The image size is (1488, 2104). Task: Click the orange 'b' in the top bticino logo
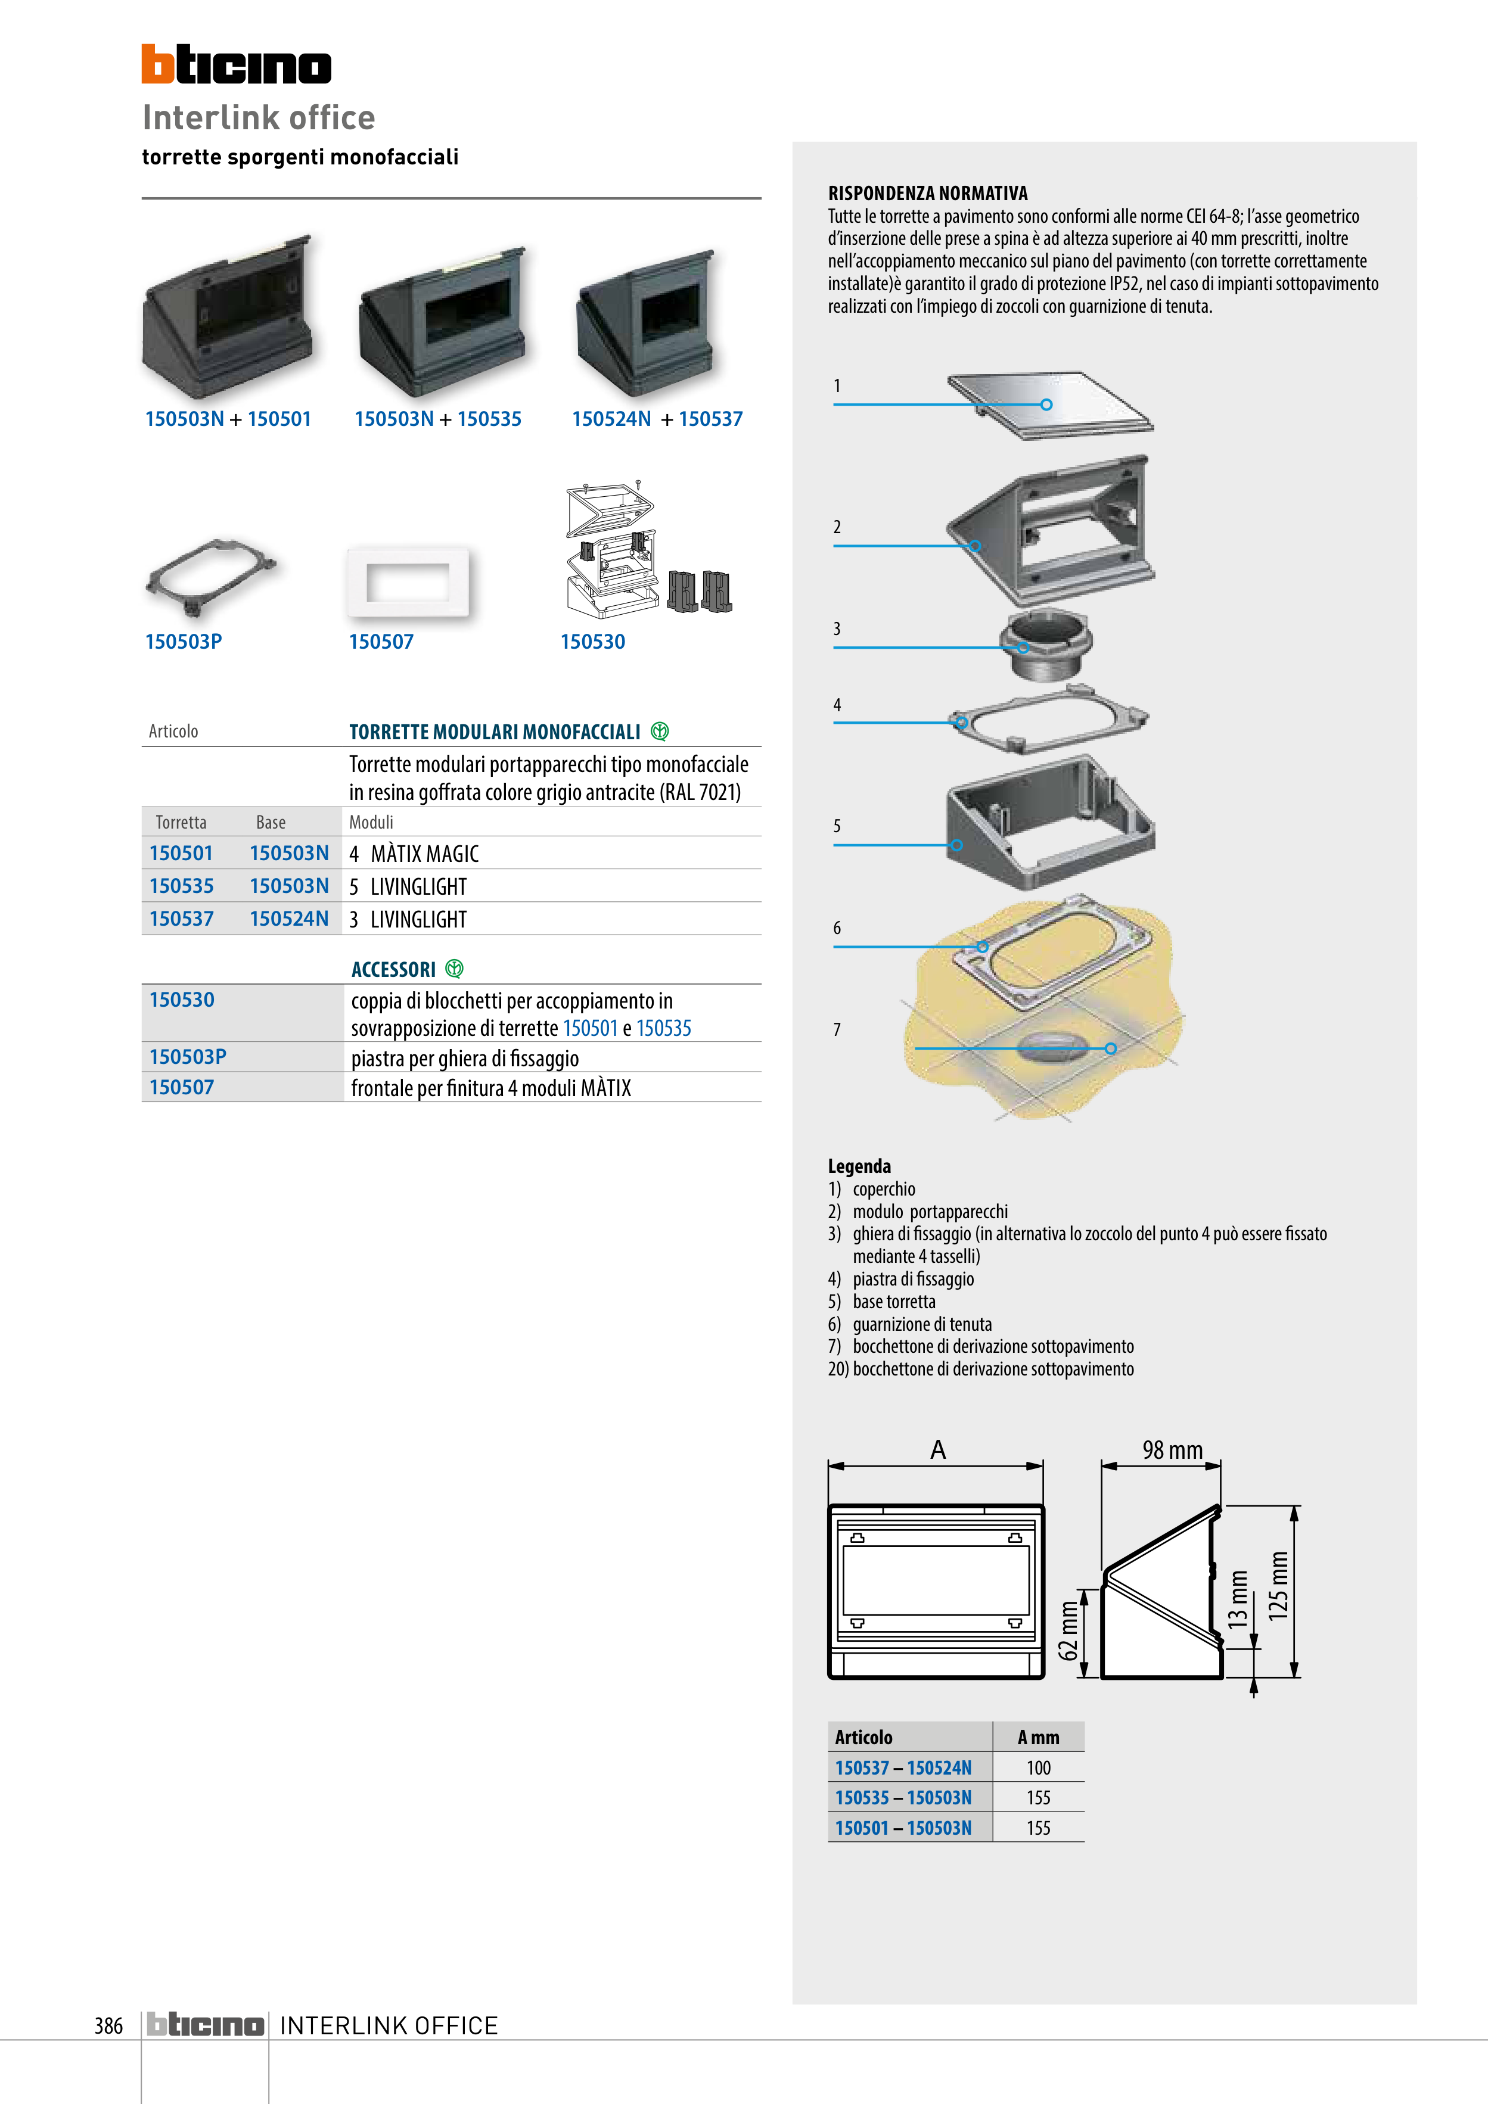157,64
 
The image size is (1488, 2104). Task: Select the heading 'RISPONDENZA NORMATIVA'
928,194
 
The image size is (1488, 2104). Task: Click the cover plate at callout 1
1051,403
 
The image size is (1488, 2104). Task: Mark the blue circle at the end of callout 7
1110,1048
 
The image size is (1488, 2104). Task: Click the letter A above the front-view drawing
938,1450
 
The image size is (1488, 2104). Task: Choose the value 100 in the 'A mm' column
1039,1767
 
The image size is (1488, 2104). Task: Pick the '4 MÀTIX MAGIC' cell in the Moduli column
414,854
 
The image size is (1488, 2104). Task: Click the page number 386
108,2025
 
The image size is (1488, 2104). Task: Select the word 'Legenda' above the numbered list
859,1166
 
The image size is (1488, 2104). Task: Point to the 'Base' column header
271,822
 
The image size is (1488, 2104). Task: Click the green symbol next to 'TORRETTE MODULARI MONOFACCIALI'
659,732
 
